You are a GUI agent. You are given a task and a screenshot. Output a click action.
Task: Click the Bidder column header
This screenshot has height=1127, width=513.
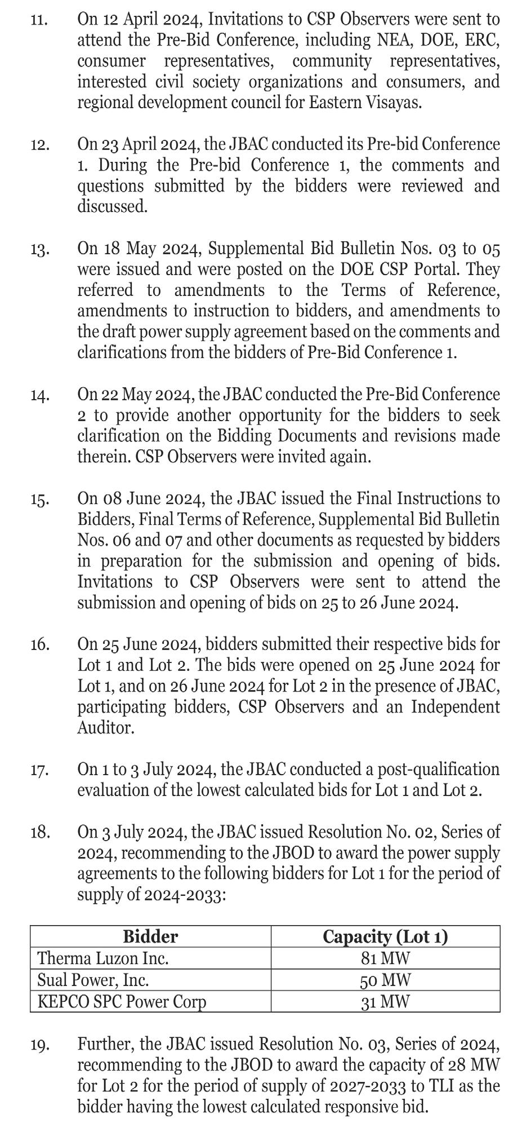[x=150, y=936]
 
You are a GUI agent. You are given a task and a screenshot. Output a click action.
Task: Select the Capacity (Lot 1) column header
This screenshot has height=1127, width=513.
[x=385, y=936]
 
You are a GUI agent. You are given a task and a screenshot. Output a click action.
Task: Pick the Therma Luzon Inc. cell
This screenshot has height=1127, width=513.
[x=103, y=958]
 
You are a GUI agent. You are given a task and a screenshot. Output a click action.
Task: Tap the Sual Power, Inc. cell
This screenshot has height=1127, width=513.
[x=93, y=980]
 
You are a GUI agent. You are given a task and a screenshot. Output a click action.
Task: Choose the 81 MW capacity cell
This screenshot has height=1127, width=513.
[x=385, y=958]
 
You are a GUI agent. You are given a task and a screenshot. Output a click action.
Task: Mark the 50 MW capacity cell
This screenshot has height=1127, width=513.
[x=385, y=980]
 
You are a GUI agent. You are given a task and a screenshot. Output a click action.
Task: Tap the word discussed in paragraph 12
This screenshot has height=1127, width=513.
[x=112, y=207]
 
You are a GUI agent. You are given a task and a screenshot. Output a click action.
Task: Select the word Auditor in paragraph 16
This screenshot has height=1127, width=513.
[x=106, y=728]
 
